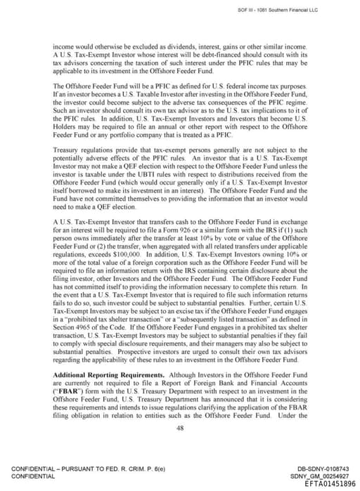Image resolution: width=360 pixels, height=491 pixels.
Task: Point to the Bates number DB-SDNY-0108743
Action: pos(317,469)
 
